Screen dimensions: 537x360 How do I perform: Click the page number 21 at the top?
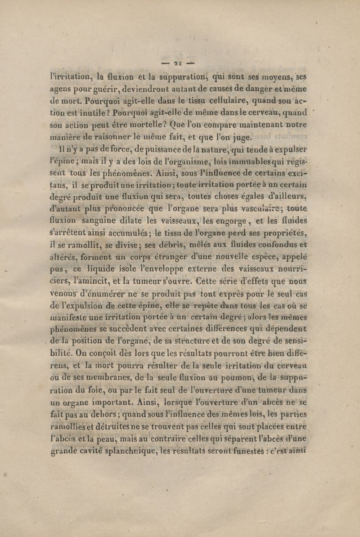(180, 62)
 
